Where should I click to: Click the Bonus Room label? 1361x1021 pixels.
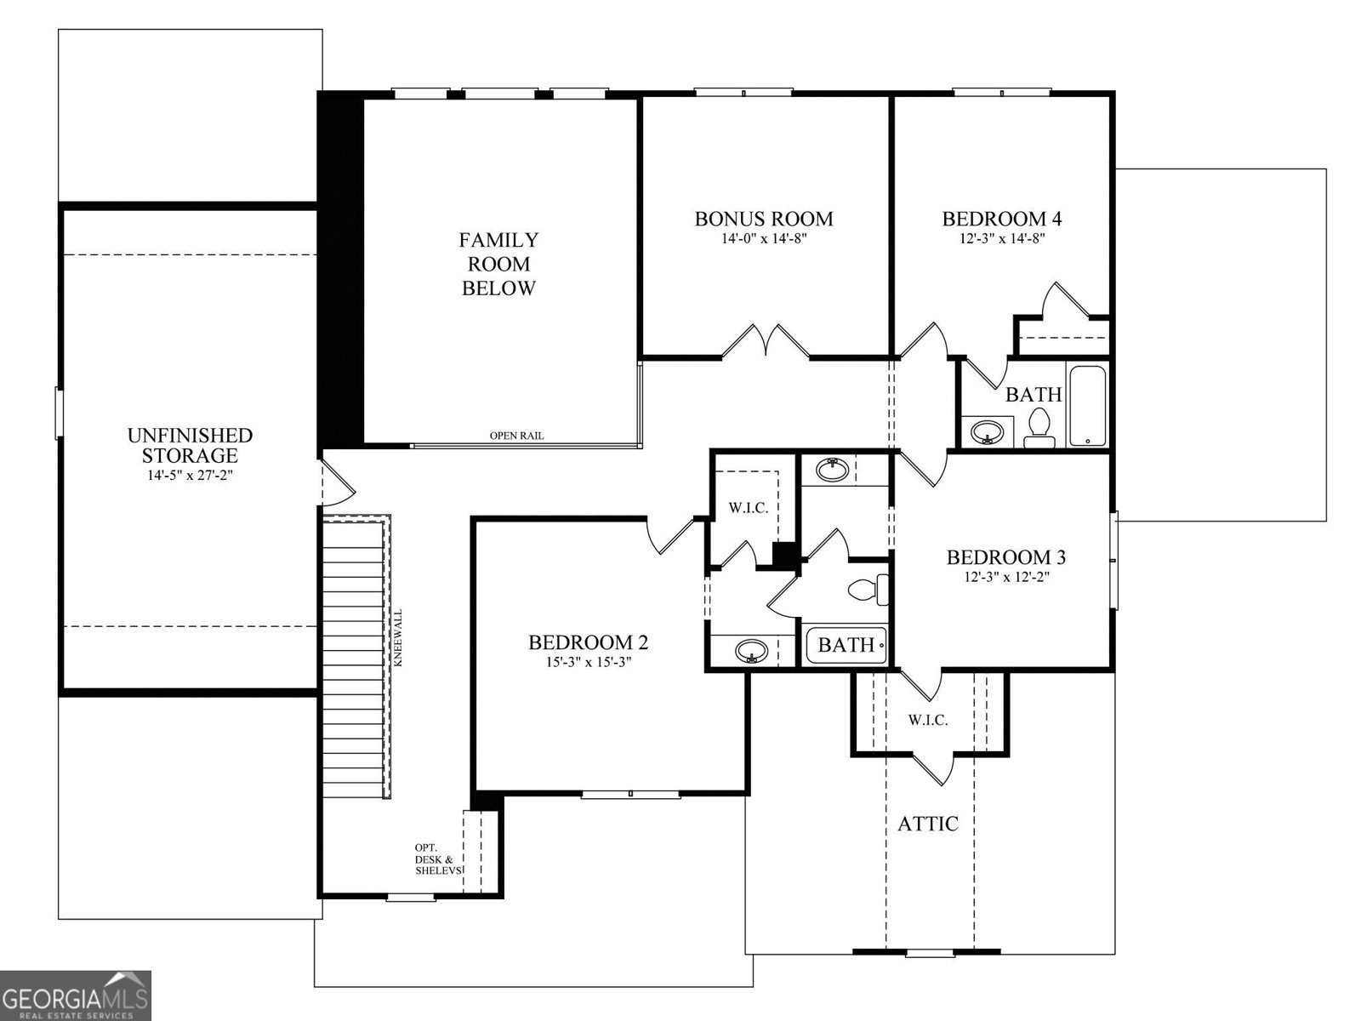(764, 219)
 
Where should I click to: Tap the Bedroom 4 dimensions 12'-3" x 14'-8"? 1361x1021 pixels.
(1001, 239)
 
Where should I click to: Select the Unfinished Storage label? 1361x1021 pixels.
(190, 445)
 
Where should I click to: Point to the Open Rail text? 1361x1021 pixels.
(516, 436)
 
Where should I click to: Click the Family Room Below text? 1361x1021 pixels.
(498, 264)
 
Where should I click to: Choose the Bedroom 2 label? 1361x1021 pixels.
(588, 642)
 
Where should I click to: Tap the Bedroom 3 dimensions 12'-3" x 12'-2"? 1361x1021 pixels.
(1005, 576)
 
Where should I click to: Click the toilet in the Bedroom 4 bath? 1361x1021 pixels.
(1039, 428)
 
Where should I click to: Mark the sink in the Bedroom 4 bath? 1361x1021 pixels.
(986, 431)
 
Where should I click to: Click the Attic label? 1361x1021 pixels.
(928, 824)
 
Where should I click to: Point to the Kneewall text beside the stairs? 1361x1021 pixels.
(397, 638)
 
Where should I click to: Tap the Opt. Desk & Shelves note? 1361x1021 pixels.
(438, 859)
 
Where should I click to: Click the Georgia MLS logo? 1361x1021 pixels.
(75, 995)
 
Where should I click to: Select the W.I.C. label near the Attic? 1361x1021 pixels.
(927, 720)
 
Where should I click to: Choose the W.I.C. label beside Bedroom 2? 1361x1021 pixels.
(748, 508)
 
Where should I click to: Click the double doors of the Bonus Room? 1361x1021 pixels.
(766, 342)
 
